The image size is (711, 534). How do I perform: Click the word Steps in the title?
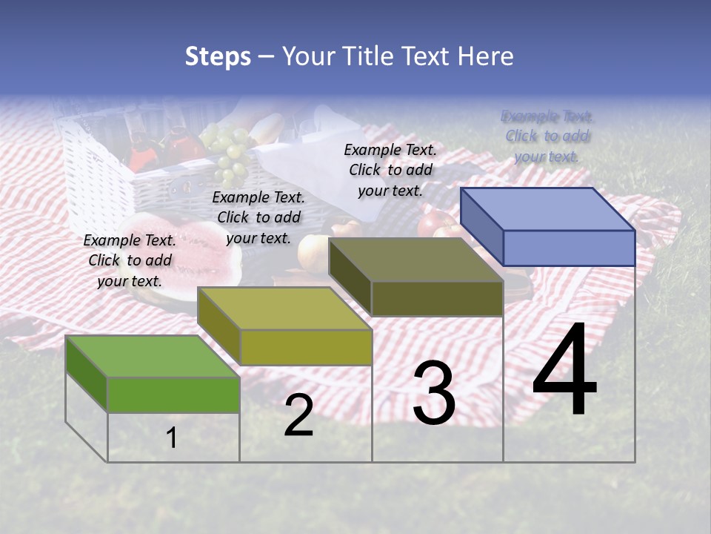(218, 56)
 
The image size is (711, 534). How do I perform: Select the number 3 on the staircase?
(434, 394)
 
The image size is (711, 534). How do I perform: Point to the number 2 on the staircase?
(298, 416)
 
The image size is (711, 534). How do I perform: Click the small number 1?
(171, 438)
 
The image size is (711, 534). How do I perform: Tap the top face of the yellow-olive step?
(284, 309)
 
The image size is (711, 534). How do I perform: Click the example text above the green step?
(130, 260)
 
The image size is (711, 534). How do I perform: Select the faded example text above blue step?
(547, 136)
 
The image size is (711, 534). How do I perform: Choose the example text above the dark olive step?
(390, 170)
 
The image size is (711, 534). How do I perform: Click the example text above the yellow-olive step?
(258, 217)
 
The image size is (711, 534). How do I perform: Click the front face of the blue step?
(569, 248)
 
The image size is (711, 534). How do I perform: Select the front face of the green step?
(173, 395)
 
